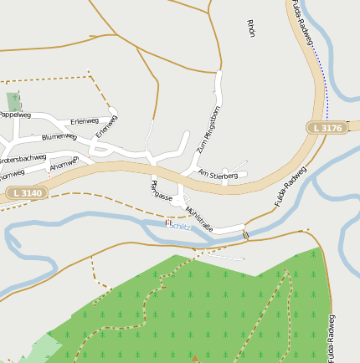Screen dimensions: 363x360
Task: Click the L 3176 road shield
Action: [x=326, y=128]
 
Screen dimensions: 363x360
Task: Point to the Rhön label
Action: [x=250, y=28]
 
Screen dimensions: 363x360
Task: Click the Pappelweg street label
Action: [x=14, y=115]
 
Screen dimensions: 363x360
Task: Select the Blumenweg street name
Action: [x=59, y=136]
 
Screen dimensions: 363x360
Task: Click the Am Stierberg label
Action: [x=218, y=175]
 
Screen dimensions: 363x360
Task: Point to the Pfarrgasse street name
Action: [x=162, y=191]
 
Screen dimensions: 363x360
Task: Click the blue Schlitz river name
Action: [x=179, y=226]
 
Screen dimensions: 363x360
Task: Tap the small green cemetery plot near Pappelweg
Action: [x=14, y=101]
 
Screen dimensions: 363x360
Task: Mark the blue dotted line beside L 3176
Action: [x=325, y=84]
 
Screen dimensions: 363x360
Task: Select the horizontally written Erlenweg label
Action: [x=85, y=121]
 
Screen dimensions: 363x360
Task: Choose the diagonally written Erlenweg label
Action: [x=106, y=126]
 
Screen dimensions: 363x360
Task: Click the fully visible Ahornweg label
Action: [x=64, y=163]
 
